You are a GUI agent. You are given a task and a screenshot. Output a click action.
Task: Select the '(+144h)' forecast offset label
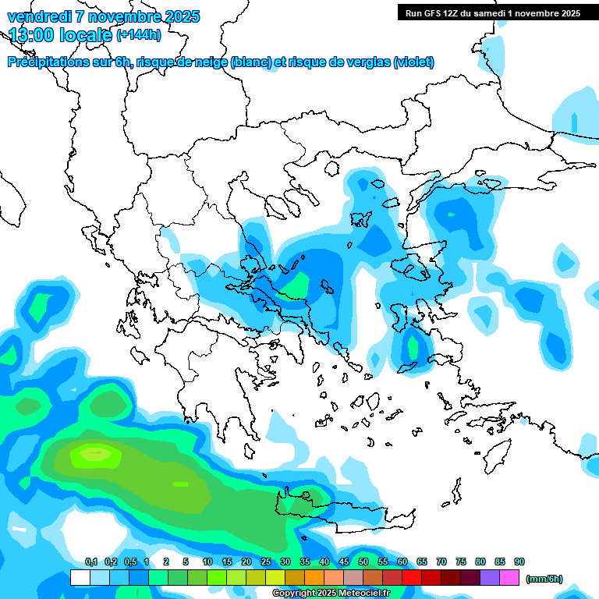(140, 34)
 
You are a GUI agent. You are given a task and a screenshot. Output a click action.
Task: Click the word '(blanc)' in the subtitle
(251, 62)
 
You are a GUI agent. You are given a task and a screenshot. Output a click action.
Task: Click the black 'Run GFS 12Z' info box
(491, 12)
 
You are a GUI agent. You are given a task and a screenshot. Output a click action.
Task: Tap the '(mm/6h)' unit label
(544, 579)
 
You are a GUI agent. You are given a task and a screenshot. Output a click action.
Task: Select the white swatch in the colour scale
(80, 578)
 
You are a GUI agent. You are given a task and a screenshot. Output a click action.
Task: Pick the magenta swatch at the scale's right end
(509, 578)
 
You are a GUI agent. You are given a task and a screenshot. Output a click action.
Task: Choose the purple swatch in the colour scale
(490, 578)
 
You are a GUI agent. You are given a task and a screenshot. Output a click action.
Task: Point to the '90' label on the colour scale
(519, 562)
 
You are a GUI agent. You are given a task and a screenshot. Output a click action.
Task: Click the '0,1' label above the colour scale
(91, 562)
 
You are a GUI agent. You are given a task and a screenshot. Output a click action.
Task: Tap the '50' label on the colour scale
(363, 562)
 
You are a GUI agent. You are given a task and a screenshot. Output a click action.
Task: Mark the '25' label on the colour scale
(266, 562)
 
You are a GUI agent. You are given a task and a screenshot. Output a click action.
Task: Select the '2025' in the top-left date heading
(177, 16)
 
